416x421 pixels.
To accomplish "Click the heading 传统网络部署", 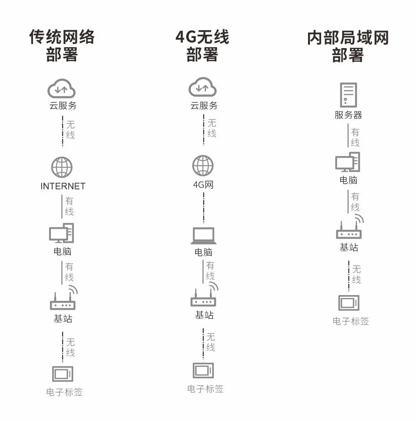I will pos(62,46).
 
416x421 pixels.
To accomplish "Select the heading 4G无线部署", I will pos(202,46).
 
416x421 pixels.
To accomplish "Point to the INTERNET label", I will pos(63,186).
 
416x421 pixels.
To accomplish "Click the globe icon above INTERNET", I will pos(62,167).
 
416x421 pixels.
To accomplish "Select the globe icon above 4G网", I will pos(203,166).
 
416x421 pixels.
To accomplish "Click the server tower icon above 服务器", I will pos(348,95).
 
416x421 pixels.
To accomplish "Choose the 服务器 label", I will pos(348,115).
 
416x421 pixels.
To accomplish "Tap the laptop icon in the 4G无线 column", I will pos(203,236).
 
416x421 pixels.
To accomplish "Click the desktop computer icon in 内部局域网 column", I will pos(348,162).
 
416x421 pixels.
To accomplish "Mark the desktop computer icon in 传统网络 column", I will pos(62,234).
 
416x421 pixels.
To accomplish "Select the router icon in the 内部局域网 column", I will pos(349,231).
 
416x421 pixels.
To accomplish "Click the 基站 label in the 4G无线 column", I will pos(204,315).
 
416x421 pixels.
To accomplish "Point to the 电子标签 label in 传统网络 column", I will pos(64,392).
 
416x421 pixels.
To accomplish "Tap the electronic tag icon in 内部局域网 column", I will pos(349,303).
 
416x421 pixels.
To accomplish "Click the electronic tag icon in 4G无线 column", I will pos(203,370).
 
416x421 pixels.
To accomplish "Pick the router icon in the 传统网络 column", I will pos(63,301).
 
